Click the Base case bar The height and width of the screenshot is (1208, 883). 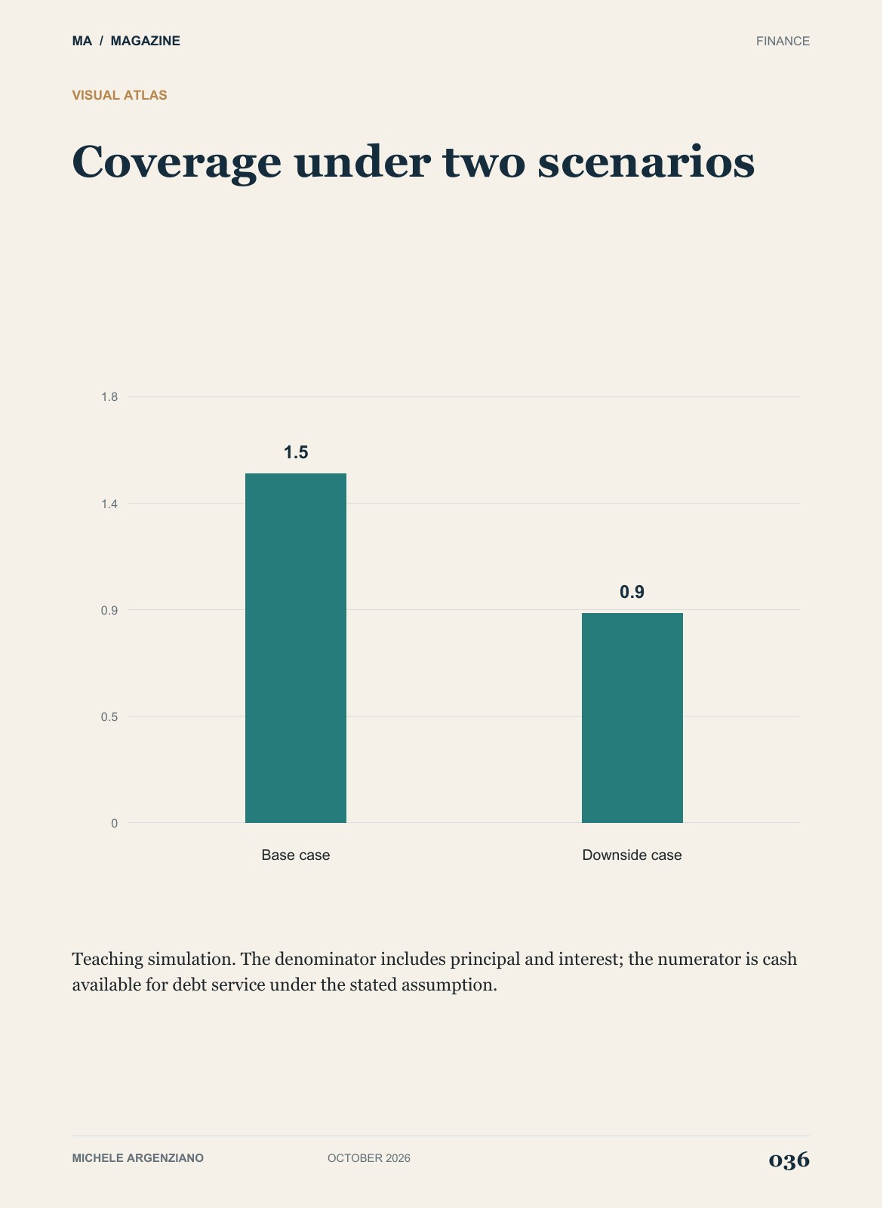pos(296,648)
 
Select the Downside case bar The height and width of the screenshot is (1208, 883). pos(632,718)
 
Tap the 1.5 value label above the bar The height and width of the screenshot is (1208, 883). pos(296,452)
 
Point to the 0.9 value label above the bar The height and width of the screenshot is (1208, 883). pos(632,592)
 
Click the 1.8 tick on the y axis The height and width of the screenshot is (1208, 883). pos(109,397)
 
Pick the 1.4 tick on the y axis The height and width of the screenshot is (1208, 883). pos(109,504)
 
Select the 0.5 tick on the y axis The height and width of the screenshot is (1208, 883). pos(109,716)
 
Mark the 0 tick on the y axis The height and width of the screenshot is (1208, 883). pos(114,823)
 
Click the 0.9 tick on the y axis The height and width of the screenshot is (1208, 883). pos(109,611)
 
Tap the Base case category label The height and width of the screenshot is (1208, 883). pos(296,855)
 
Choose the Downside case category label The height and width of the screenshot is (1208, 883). pos(632,855)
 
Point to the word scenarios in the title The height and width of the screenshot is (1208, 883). pos(646,162)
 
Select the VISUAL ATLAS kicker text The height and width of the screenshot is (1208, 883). pos(120,95)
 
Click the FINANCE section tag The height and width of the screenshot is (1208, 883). pos(783,41)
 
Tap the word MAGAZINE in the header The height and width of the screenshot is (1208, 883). pos(146,41)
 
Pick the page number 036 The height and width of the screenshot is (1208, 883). pos(789,1159)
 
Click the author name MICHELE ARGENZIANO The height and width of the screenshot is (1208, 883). pos(138,1158)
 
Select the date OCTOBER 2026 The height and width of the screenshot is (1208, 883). pos(369,1158)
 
